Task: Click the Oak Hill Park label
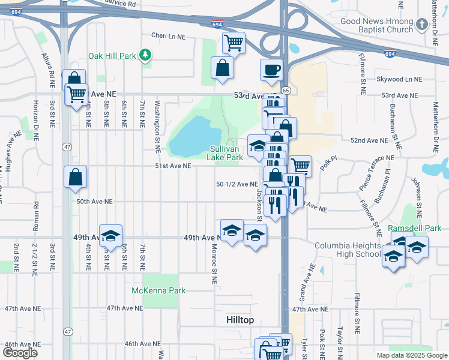click(112, 55)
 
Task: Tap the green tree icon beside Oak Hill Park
click(145, 55)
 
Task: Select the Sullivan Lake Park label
click(226, 153)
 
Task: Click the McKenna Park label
click(158, 290)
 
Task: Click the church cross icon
click(422, 25)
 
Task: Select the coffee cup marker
click(271, 69)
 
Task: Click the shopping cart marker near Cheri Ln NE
click(234, 43)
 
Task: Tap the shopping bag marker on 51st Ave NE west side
click(76, 177)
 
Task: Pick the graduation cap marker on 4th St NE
click(110, 236)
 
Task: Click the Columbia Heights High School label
click(348, 250)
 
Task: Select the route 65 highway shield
click(286, 90)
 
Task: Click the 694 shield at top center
click(217, 24)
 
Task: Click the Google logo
click(20, 353)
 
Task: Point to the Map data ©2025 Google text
click(411, 355)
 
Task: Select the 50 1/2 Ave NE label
click(237, 184)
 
